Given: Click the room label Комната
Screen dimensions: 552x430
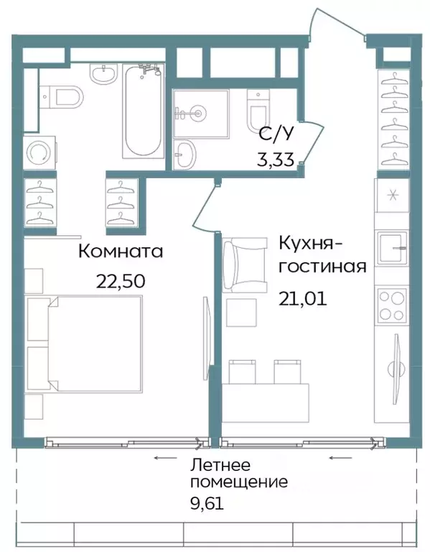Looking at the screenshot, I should [121, 252].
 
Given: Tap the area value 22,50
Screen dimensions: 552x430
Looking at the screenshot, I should [121, 280].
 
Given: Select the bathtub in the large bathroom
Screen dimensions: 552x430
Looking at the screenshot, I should [142, 113].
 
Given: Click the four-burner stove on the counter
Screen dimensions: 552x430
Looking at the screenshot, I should [391, 305].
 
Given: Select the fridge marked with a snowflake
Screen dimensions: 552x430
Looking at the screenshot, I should [392, 195].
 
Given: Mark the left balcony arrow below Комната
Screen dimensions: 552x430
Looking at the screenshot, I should [165, 456].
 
